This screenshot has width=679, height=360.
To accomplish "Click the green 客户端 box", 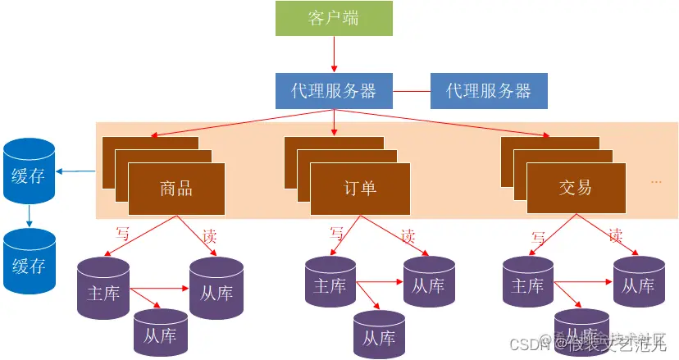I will click(334, 19).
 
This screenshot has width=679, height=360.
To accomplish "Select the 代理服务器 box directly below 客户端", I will click(334, 91).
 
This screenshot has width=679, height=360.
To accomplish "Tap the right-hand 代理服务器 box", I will click(489, 91).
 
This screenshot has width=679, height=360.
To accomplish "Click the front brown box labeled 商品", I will click(176, 188).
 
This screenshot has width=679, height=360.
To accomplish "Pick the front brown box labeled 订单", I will click(359, 188).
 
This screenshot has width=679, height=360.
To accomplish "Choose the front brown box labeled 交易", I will click(575, 188).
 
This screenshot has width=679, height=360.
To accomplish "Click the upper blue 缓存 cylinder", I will click(29, 171).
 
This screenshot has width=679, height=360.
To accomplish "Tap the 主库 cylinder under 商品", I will click(103, 289).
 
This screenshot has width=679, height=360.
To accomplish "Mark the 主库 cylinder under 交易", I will click(527, 286).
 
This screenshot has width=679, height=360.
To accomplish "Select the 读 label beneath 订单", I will click(408, 236).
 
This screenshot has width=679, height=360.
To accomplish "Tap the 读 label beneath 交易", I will click(616, 235).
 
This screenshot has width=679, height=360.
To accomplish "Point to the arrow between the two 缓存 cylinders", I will click(29, 216).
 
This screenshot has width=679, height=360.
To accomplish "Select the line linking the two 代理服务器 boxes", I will click(412, 91).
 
